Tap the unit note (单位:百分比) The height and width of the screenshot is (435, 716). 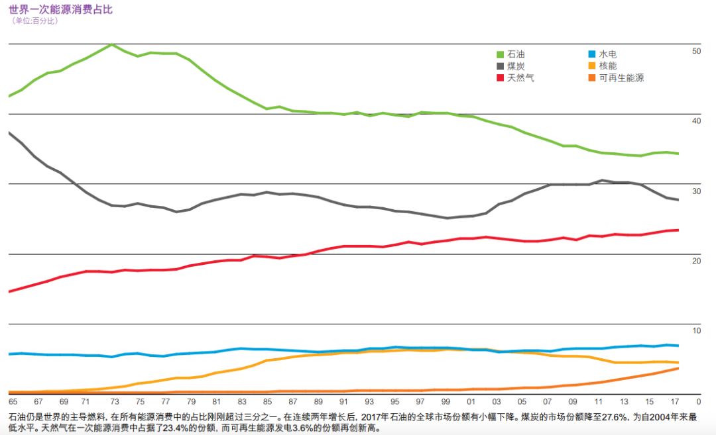35,21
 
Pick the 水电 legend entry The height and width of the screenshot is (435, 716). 603,54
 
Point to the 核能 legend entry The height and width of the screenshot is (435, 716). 603,66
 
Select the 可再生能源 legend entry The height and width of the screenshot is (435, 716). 616,78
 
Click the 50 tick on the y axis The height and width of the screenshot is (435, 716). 696,51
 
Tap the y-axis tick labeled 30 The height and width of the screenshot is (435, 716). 696,191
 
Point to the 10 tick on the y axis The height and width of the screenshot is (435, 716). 696,331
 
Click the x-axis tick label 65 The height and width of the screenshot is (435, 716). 13,402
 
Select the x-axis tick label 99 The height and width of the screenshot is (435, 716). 446,402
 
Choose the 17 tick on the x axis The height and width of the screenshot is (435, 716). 676,402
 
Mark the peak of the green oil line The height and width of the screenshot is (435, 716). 111,44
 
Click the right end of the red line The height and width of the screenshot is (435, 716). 678,230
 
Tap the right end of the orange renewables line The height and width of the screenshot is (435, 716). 678,368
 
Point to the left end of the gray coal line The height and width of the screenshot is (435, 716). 9,132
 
